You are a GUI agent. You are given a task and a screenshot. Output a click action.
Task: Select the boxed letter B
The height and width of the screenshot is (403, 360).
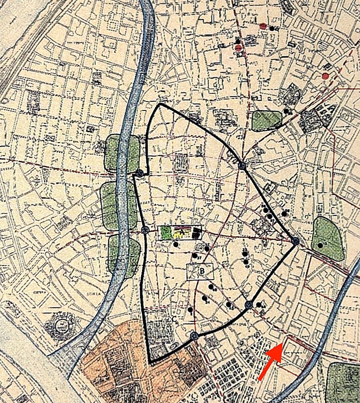[202, 271]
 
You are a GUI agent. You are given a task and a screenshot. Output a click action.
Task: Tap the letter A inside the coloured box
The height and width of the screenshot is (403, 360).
[180, 232]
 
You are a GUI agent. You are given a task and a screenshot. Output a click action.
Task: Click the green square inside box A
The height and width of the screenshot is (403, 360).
[166, 232]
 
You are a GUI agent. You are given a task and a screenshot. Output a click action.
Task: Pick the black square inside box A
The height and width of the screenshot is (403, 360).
[197, 232]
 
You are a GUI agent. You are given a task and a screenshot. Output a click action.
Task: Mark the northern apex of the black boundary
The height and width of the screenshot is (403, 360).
[160, 104]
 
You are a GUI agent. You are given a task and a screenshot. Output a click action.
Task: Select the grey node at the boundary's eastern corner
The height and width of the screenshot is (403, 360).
[295, 241]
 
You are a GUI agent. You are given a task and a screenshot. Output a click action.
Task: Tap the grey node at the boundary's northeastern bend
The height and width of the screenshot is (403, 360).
[242, 165]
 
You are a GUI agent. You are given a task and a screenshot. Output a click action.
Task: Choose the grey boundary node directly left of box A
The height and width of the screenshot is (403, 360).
[145, 230]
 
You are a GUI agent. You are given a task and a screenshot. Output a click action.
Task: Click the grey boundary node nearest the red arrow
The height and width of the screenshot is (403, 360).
[248, 305]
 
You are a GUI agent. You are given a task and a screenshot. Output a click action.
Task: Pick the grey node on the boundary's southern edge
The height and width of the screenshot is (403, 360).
[193, 336]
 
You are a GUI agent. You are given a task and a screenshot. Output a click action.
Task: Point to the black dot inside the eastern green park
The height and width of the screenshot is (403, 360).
[320, 245]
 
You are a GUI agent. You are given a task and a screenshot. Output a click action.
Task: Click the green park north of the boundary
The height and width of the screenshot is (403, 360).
[266, 120]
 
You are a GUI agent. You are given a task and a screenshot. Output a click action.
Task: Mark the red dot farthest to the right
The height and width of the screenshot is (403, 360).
[325, 76]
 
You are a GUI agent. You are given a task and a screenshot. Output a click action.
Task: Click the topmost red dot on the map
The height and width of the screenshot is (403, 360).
[263, 26]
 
